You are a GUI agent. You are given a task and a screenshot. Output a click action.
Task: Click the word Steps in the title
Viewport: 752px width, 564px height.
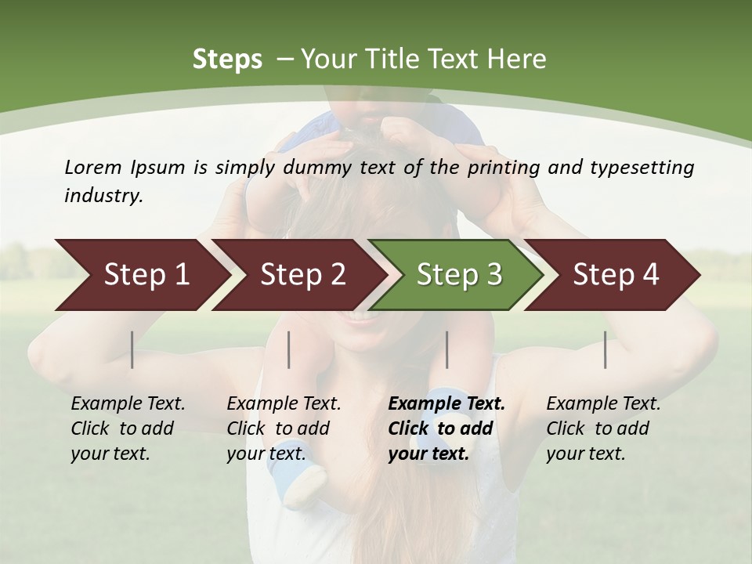pos(227,60)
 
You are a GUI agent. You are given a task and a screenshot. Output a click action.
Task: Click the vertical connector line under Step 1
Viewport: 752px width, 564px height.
pos(132,349)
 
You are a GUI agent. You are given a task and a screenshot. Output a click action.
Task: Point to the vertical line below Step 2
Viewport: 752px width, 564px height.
pos(289,349)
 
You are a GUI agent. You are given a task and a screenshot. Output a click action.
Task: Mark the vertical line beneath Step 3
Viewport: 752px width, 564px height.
pos(447,349)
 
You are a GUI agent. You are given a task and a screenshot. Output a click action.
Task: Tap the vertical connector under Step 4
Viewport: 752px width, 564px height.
pos(606,349)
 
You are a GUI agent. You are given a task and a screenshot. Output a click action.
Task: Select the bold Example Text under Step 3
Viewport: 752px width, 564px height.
pos(446,428)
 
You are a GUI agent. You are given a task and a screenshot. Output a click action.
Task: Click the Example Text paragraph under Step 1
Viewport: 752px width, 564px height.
pos(128,428)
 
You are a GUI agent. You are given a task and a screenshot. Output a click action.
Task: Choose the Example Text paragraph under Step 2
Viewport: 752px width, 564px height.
pos(284,428)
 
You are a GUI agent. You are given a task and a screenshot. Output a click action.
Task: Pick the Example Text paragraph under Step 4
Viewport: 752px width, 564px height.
pos(603,428)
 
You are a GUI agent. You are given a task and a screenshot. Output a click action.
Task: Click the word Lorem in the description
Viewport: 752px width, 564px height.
pos(92,167)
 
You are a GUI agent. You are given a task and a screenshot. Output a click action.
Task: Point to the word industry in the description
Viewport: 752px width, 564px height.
pos(103,196)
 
